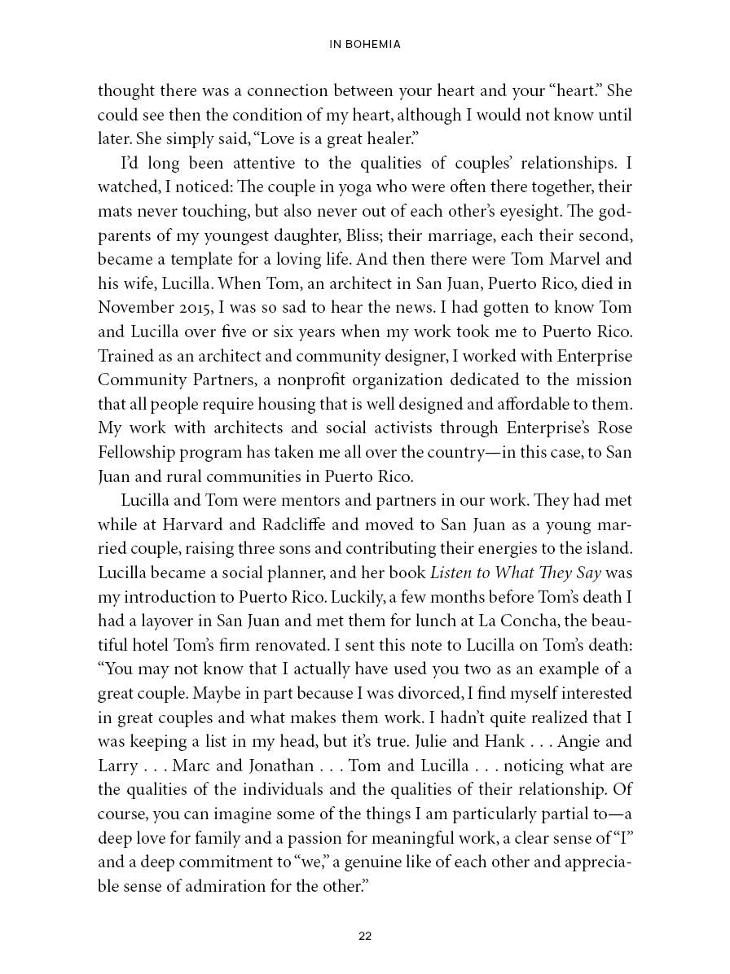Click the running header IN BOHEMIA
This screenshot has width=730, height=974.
pyautogui.click(x=364, y=45)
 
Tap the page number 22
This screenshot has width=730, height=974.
pyautogui.click(x=365, y=937)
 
